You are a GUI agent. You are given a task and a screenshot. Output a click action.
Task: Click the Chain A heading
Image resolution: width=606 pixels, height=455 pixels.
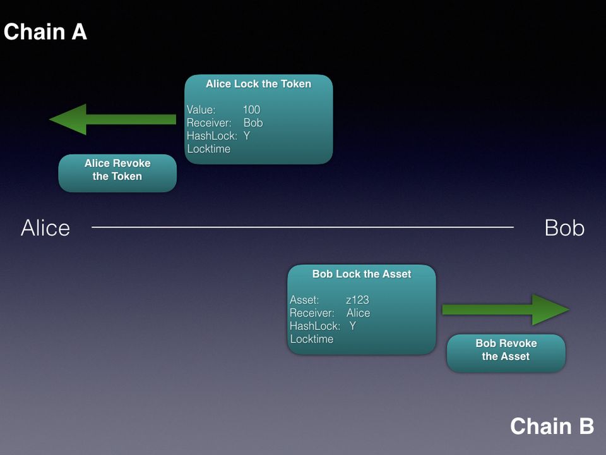pos(45,32)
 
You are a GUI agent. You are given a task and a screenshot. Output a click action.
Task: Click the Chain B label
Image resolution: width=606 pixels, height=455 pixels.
pos(552,426)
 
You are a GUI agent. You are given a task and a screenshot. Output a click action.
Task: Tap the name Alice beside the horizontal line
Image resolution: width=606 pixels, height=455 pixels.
pos(45,228)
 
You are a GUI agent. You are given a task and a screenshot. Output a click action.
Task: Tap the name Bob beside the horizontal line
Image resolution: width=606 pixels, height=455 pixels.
pos(564,228)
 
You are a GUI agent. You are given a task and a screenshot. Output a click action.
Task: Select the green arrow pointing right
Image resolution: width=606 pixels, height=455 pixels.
pos(505,310)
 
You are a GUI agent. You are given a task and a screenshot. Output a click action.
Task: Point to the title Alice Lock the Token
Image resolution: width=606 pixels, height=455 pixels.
pos(258,84)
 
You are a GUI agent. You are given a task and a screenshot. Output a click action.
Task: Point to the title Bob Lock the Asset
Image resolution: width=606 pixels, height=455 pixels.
pos(361,274)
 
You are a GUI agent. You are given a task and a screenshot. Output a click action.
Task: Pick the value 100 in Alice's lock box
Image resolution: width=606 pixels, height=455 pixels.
pos(251,110)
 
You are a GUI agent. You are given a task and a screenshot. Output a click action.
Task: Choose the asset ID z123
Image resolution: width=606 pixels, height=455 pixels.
pos(357,300)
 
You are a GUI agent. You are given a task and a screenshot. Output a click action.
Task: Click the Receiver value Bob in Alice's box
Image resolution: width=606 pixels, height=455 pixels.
pos(252,123)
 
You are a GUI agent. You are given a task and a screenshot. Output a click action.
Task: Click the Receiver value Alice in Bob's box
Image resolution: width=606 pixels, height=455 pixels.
pos(358,313)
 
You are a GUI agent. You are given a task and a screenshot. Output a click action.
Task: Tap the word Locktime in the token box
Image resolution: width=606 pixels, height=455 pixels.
pos(209,149)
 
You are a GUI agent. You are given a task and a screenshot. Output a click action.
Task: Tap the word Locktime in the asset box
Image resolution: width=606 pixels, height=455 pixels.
pos(312,339)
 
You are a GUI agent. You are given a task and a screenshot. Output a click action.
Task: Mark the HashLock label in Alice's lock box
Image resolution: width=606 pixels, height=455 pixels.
pos(211,136)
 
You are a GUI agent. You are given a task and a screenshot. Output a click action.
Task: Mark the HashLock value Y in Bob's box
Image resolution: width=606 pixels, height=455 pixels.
pos(352,326)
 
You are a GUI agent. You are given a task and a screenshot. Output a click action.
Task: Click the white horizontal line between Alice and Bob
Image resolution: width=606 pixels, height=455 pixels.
pos(303,227)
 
